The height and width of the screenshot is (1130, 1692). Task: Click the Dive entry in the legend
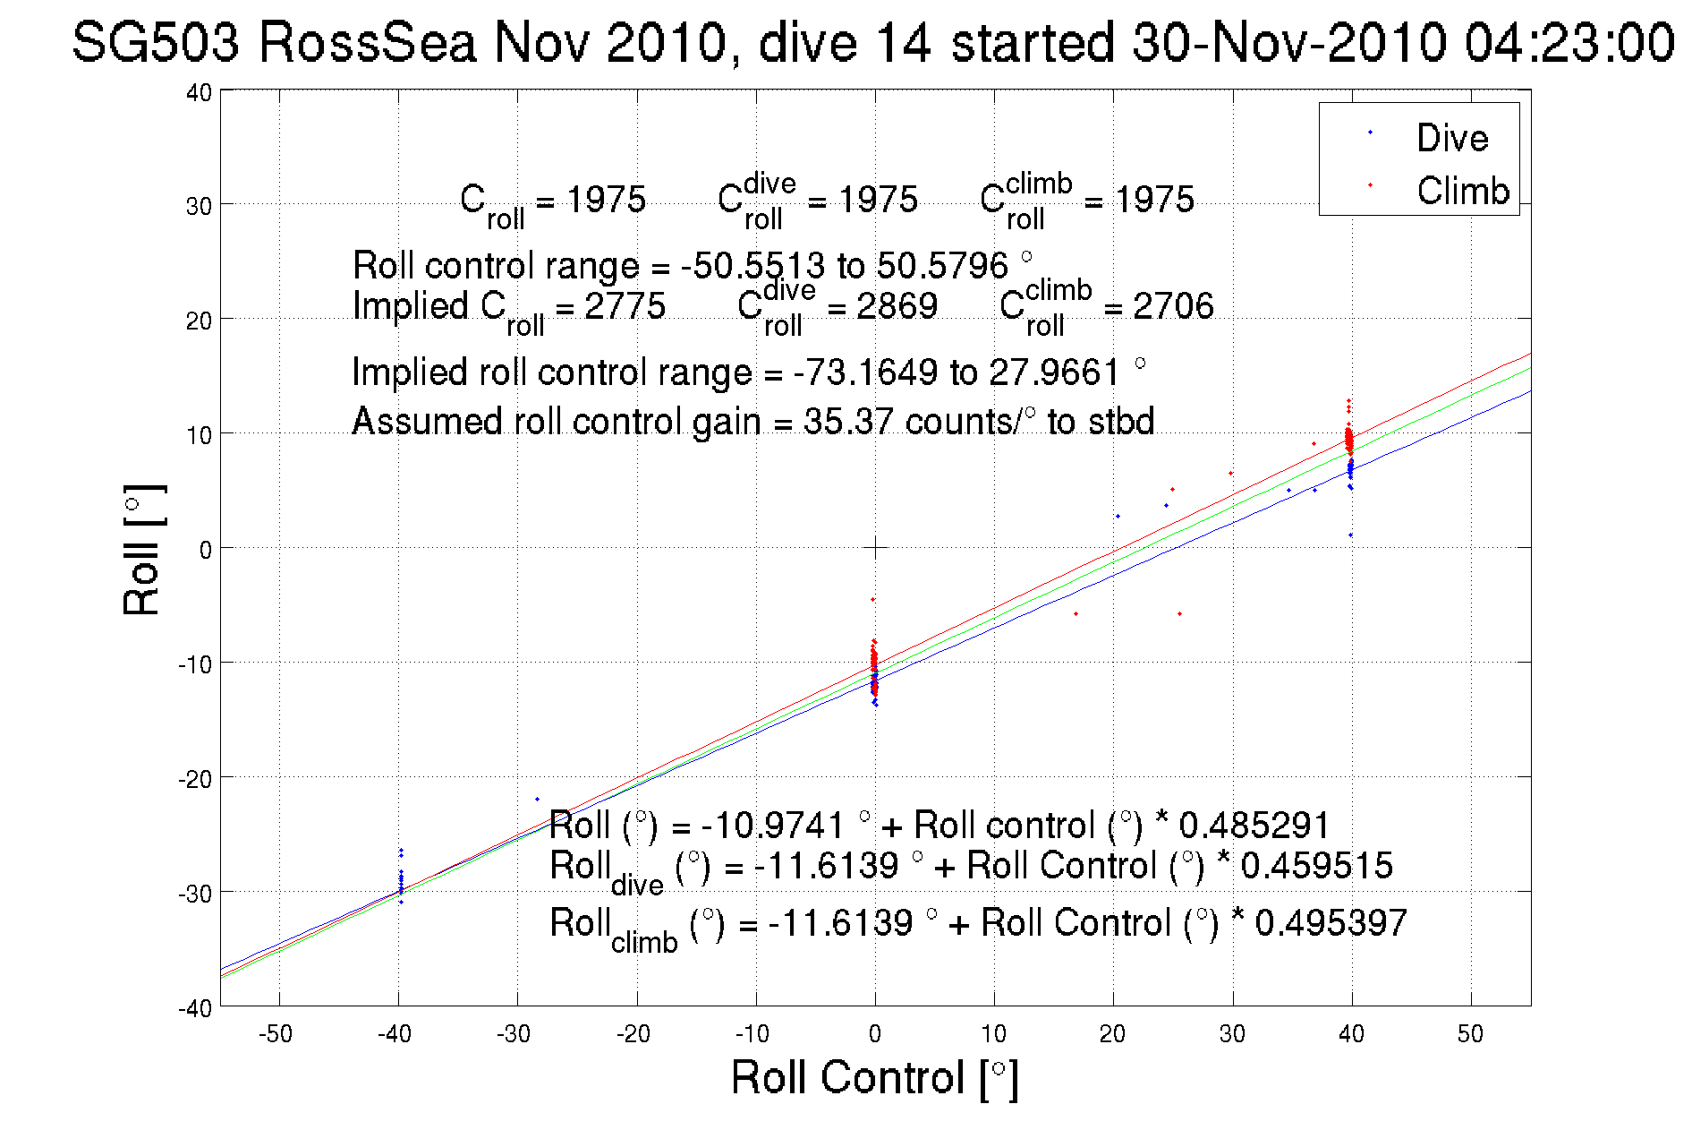[1451, 138]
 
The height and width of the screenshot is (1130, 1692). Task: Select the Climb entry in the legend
[1462, 191]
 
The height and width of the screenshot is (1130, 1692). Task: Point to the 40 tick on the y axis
[199, 92]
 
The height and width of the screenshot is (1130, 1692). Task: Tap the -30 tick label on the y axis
[193, 894]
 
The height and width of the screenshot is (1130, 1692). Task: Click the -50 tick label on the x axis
[276, 1034]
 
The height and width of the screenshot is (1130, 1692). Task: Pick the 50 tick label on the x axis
[1470, 1034]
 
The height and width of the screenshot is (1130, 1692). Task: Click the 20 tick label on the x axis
[1112, 1034]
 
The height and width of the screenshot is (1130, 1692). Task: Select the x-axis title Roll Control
[873, 1077]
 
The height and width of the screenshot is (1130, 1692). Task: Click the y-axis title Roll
[141, 550]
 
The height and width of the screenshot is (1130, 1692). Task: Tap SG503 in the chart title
[156, 43]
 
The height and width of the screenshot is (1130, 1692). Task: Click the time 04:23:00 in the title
[1569, 43]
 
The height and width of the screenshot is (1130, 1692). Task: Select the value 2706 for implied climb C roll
[1173, 306]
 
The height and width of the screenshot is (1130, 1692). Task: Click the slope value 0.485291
[1254, 825]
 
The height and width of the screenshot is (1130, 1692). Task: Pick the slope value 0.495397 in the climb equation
[1331, 922]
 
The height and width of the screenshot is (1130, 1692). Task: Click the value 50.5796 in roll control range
[942, 266]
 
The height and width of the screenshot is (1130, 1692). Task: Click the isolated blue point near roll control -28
[537, 799]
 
